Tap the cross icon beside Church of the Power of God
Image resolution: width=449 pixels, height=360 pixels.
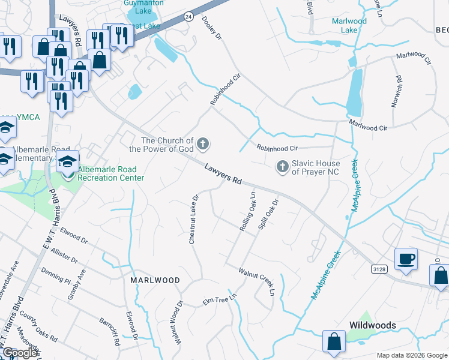pos(203,143)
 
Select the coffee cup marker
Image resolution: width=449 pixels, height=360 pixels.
pos(406,260)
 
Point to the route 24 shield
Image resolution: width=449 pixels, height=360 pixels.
pos(188,16)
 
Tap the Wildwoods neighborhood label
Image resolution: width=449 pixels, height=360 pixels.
pos(373,325)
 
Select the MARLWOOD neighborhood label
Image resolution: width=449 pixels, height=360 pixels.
pos(155,280)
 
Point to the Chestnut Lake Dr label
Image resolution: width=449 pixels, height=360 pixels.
pos(193,218)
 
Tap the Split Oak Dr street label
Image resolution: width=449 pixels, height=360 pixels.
pos(268,215)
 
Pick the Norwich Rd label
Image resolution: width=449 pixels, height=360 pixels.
pos(396,92)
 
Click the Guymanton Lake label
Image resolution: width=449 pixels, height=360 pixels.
pos(143,7)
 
